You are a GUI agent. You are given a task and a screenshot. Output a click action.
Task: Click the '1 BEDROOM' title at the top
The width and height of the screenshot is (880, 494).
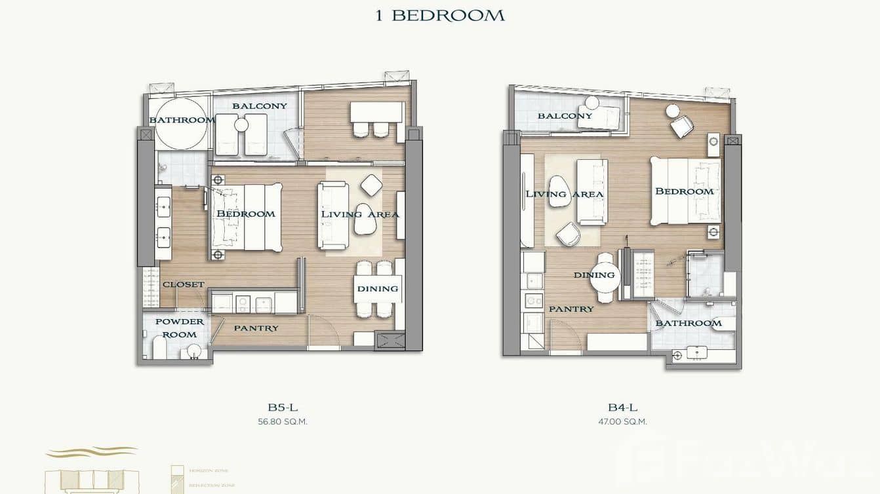439,15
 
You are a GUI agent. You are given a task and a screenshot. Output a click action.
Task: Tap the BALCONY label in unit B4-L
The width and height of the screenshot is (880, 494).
565,116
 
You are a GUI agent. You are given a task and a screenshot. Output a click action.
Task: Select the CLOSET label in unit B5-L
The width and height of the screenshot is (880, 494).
184,284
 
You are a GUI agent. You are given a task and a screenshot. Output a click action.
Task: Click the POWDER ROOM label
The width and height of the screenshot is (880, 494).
180,328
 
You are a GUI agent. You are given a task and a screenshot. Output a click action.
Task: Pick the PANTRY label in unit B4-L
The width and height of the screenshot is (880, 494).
571,309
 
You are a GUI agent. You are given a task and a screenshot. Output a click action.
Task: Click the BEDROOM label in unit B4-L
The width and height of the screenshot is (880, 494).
684,191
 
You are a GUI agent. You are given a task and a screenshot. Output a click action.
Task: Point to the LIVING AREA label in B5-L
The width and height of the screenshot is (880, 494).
359,214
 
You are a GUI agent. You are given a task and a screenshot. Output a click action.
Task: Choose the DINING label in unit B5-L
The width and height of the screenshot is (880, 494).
377,288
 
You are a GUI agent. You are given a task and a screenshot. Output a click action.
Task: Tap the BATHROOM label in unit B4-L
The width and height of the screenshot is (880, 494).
688,323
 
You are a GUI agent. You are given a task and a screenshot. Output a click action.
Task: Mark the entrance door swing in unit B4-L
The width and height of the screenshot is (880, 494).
565,336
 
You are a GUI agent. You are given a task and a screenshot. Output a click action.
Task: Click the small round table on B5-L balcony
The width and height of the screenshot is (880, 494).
241,124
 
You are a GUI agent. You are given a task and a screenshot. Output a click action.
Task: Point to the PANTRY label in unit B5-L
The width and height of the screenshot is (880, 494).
256,328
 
